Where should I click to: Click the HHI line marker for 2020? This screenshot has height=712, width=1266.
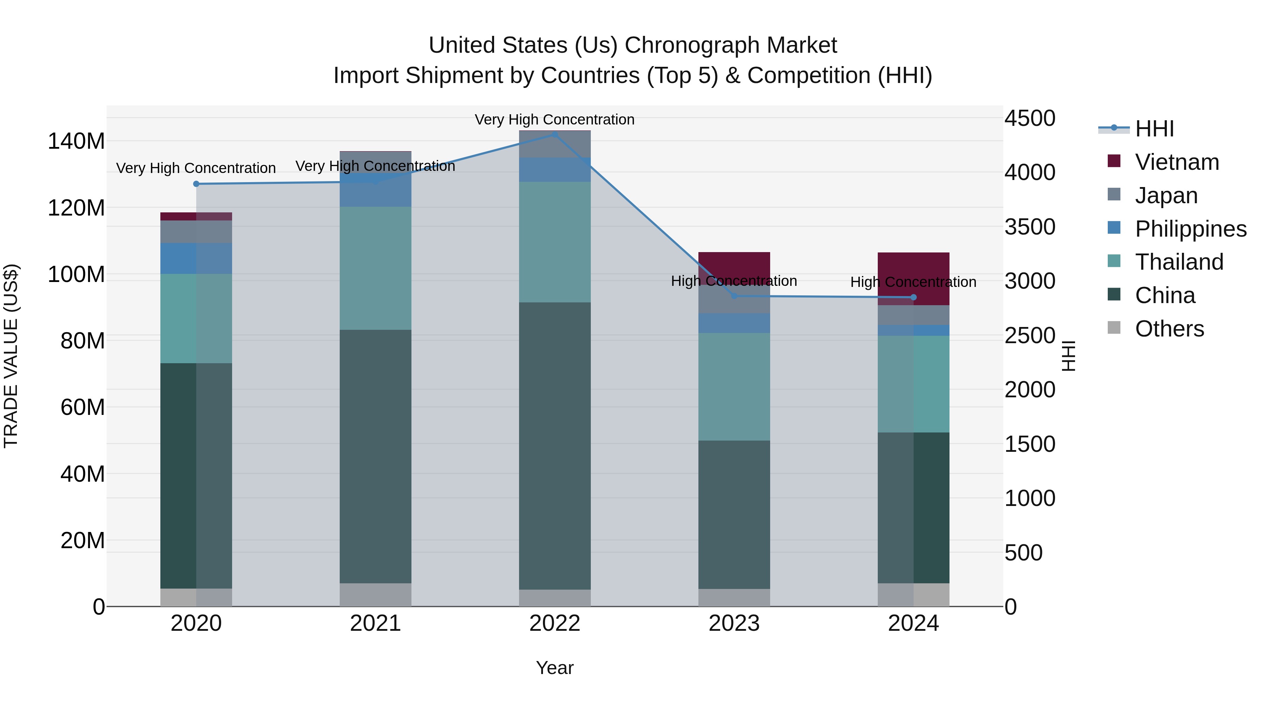(x=196, y=184)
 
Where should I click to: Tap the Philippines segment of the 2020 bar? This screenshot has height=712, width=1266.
(x=196, y=258)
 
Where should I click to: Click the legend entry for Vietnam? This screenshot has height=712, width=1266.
(x=1177, y=162)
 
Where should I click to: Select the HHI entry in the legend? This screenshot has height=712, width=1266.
(x=1154, y=129)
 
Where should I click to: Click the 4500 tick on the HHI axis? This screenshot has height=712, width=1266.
(x=1030, y=118)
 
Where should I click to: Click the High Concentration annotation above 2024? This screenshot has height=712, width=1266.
(x=913, y=282)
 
